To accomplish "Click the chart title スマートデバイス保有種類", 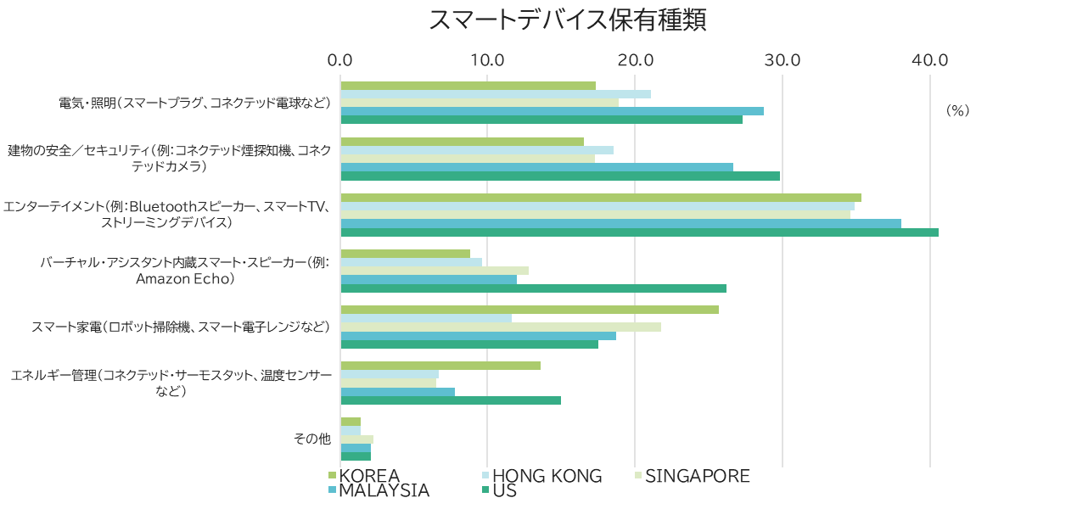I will click(x=567, y=20).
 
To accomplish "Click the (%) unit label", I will click(x=957, y=111).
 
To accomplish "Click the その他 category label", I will click(x=311, y=439).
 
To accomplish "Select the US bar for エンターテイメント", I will click(x=639, y=232).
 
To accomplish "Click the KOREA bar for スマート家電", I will click(x=530, y=310).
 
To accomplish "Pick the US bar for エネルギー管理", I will click(x=451, y=400).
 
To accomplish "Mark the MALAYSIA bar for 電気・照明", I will click(x=552, y=111).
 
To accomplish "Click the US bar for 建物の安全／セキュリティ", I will click(x=560, y=176).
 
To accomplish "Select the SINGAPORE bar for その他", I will click(x=356, y=439).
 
